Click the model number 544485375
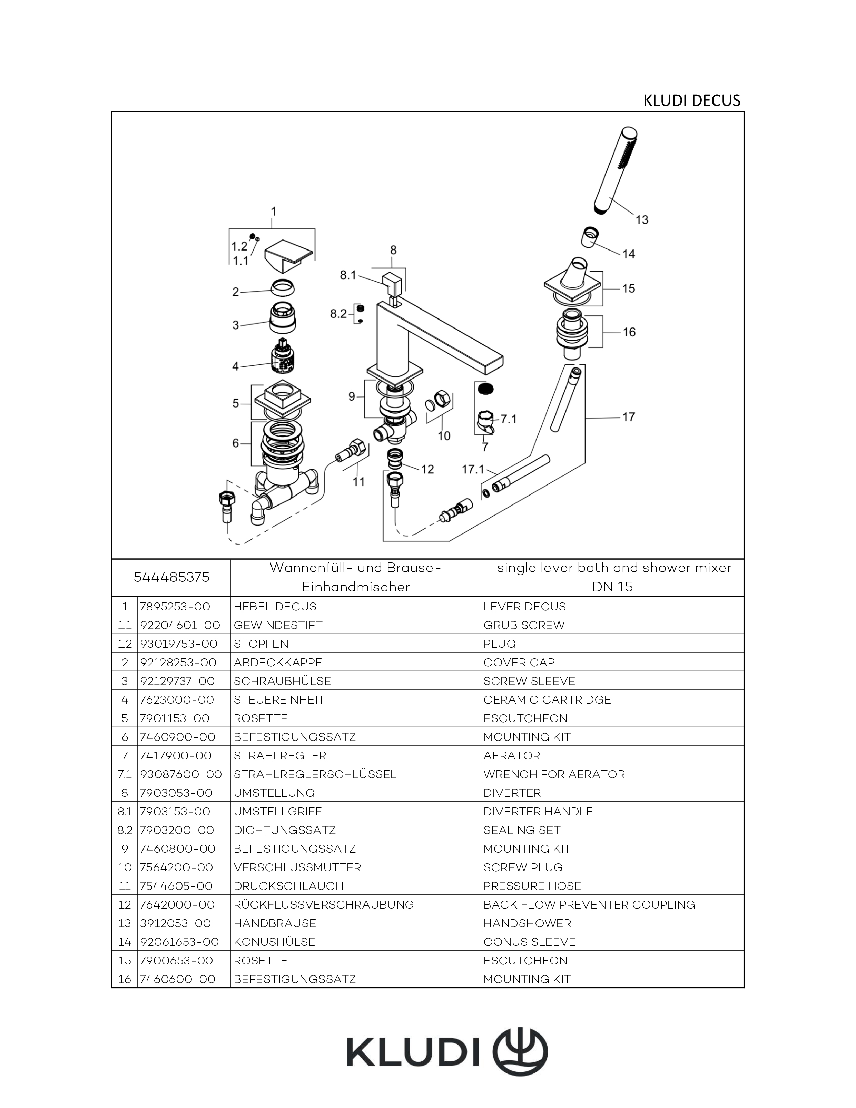click(x=171, y=577)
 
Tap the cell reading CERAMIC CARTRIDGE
click(x=547, y=699)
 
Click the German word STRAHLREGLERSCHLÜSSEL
click(x=315, y=774)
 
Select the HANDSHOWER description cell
click(x=527, y=923)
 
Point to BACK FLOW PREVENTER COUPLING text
click(x=589, y=904)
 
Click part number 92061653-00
click(x=179, y=942)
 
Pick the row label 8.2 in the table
click(x=124, y=830)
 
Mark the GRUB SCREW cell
click(x=524, y=625)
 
